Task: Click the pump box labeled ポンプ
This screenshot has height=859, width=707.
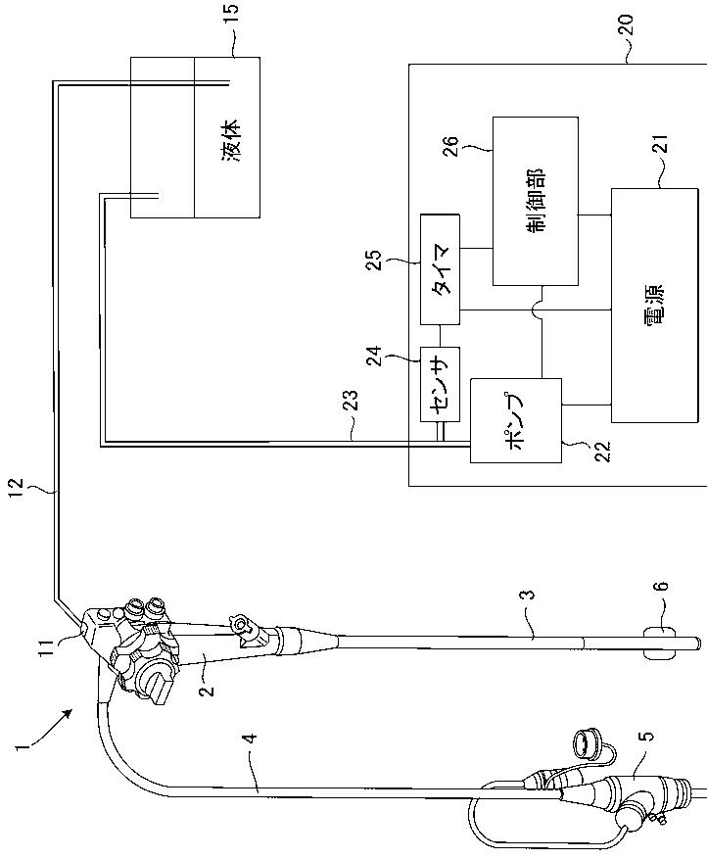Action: click(516, 419)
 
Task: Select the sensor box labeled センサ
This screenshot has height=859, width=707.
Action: click(440, 383)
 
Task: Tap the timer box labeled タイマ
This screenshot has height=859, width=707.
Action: click(440, 268)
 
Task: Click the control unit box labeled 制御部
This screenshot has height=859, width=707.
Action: click(535, 200)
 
